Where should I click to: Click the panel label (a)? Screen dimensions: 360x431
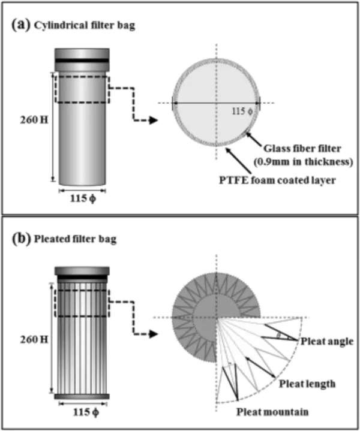pyautogui.click(x=20, y=25)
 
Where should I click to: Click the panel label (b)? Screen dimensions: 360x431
pyautogui.click(x=21, y=239)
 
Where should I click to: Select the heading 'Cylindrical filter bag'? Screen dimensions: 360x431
pyautogui.click(x=85, y=26)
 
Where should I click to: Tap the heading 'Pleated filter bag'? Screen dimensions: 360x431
pyautogui.click(x=75, y=239)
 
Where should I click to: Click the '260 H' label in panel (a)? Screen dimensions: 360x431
pyautogui.click(x=34, y=120)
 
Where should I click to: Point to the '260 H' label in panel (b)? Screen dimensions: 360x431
pyautogui.click(x=34, y=340)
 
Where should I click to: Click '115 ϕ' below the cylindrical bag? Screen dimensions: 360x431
pyautogui.click(x=83, y=198)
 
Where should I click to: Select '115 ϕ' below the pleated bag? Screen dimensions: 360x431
pyautogui.click(x=86, y=412)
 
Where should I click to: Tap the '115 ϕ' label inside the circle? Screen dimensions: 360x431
pyautogui.click(x=242, y=111)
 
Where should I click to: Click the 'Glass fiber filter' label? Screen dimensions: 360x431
pyautogui.click(x=302, y=149)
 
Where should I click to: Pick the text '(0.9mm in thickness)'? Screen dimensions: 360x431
pyautogui.click(x=303, y=162)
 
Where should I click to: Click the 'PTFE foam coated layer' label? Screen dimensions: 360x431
pyautogui.click(x=277, y=180)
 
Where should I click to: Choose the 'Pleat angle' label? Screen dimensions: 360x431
pyautogui.click(x=327, y=342)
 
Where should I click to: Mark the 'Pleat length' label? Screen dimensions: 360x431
pyautogui.click(x=307, y=384)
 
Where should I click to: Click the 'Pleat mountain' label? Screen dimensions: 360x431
pyautogui.click(x=272, y=412)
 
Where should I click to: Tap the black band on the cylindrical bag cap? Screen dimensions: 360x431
pyautogui.click(x=82, y=61)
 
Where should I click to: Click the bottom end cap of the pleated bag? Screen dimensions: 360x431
pyautogui.click(x=82, y=396)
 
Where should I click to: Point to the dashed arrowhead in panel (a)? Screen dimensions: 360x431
pyautogui.click(x=153, y=120)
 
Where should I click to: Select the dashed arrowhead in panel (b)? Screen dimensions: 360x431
pyautogui.click(x=153, y=334)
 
